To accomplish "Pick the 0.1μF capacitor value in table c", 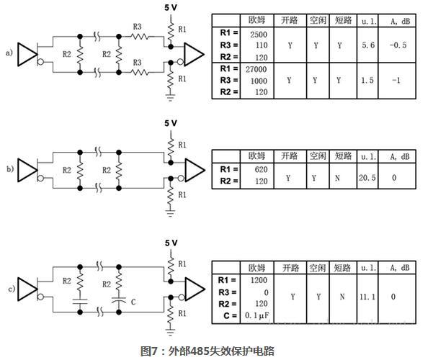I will [258, 315].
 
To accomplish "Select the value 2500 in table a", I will [257, 34].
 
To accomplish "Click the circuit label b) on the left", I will [9, 170].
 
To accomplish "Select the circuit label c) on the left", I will [9, 290].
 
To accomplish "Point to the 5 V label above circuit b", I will [170, 124].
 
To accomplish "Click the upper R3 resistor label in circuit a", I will [138, 27].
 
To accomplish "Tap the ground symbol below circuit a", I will [170, 92].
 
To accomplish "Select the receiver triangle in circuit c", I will [195, 289].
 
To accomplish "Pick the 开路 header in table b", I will [289, 156].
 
